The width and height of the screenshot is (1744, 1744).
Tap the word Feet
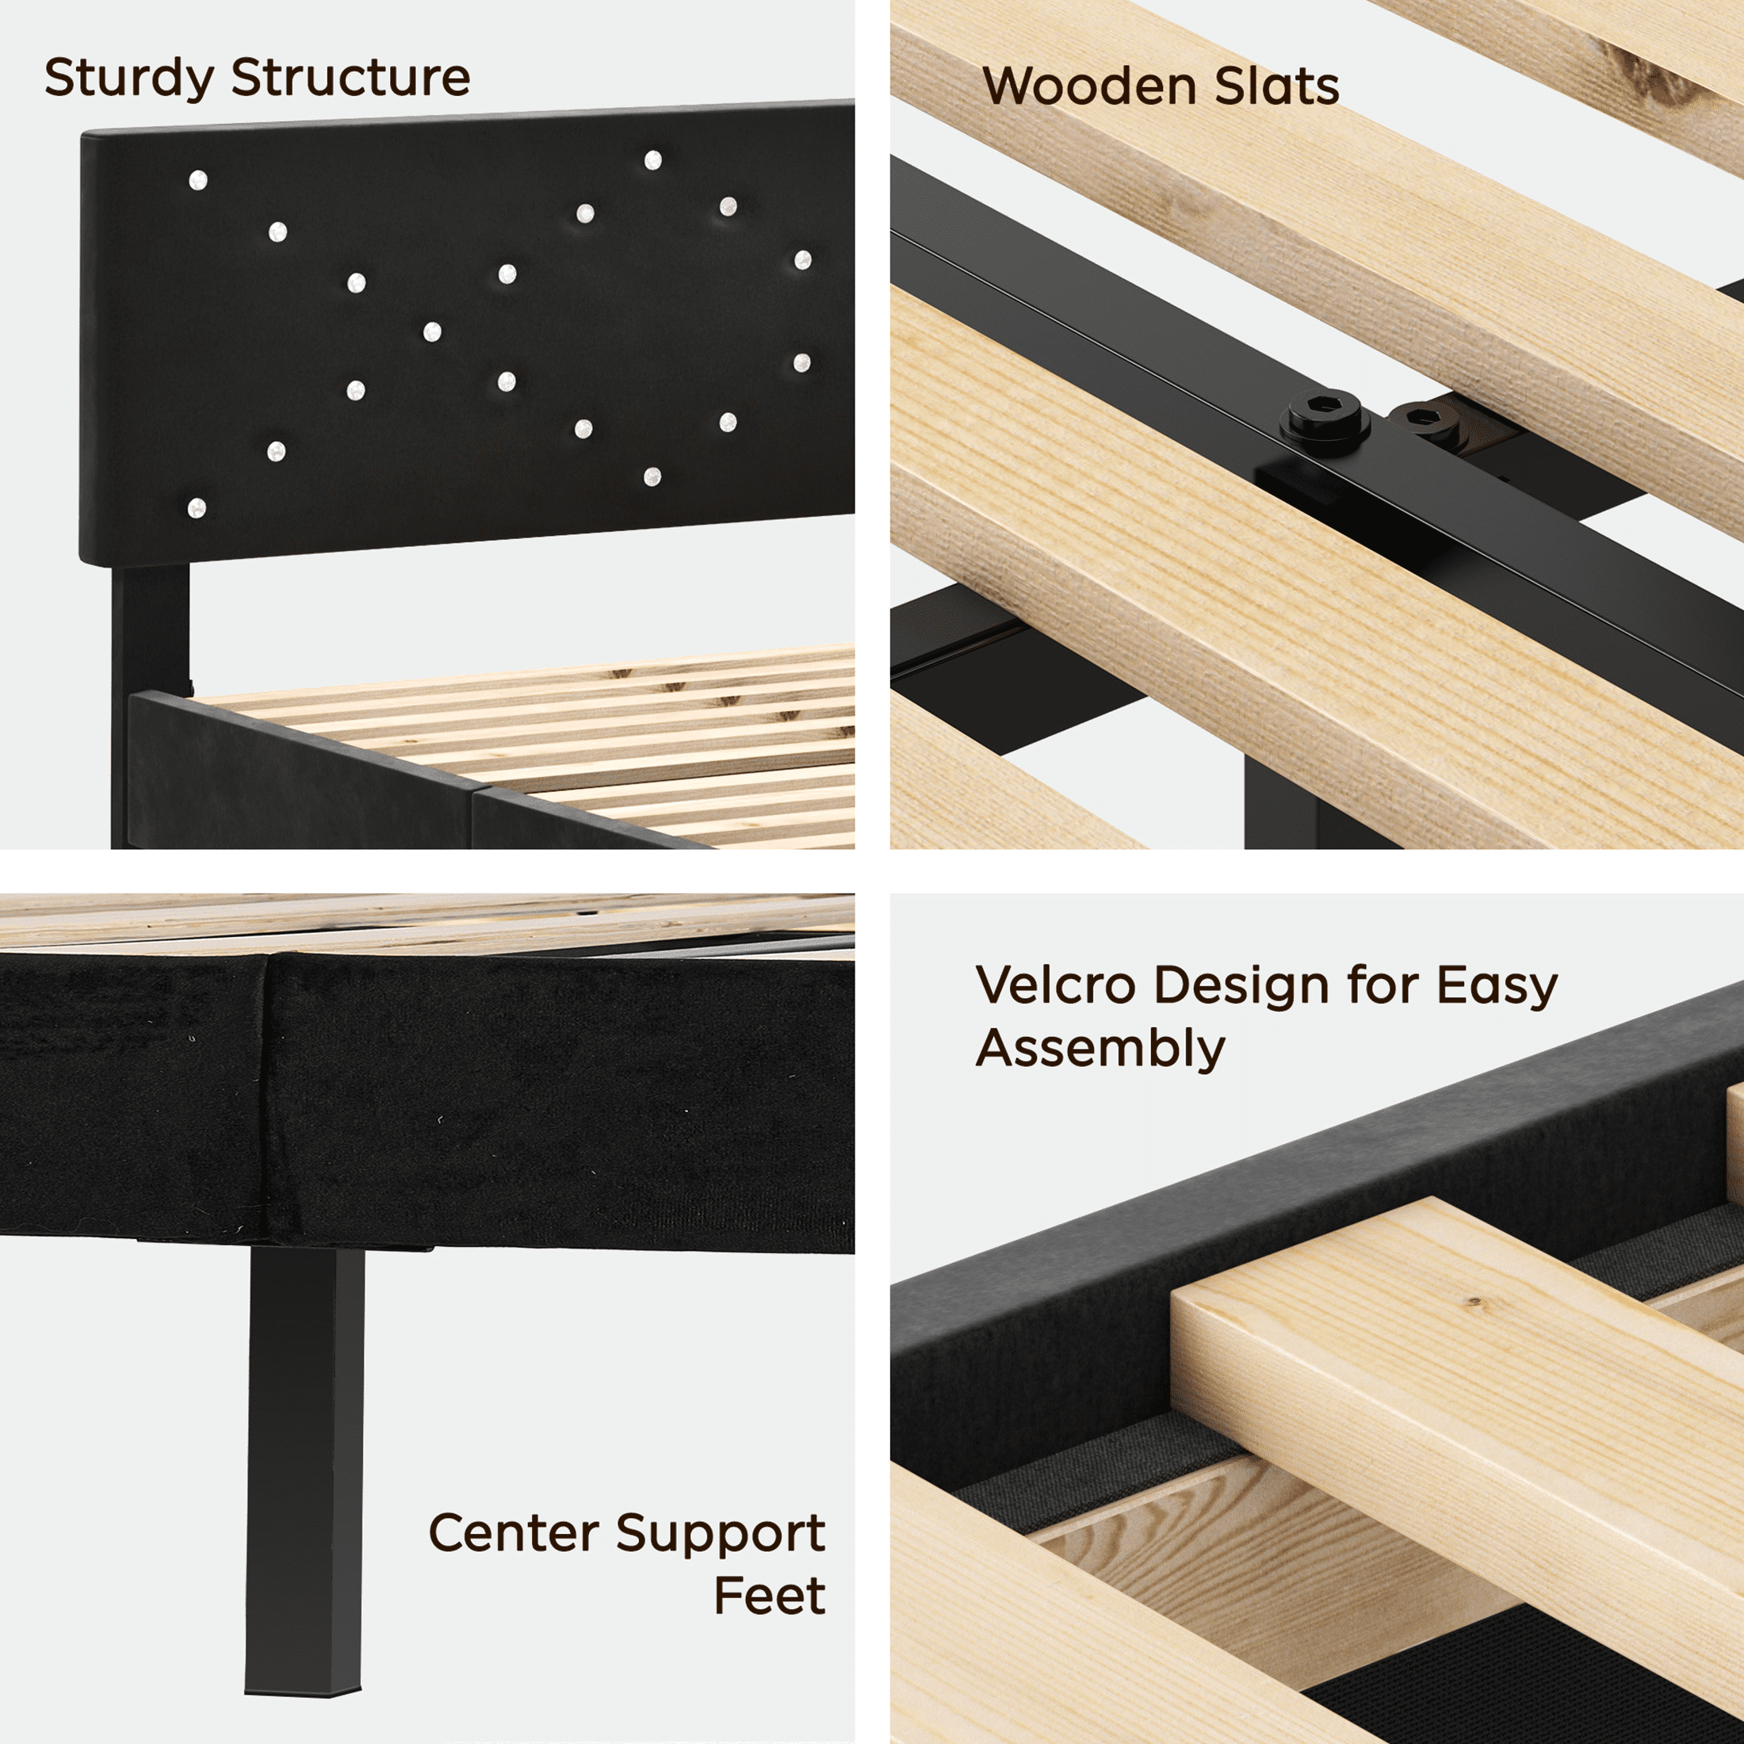769,1597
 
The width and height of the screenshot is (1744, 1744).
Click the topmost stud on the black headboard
652,161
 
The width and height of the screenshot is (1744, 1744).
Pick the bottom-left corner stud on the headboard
197,509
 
